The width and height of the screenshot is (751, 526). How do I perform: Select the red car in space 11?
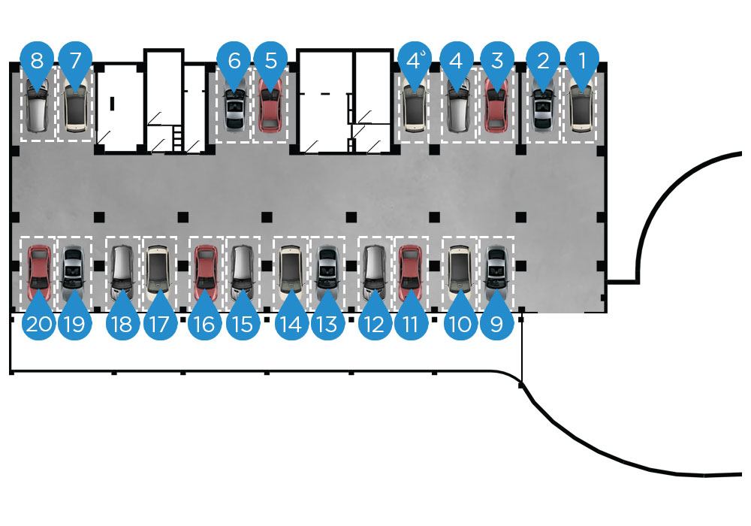410,268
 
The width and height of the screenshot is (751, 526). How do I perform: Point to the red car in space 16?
206,268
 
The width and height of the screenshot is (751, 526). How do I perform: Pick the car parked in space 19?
74,268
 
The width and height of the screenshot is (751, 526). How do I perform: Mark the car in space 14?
290,268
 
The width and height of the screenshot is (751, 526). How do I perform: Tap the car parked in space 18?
122,268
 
